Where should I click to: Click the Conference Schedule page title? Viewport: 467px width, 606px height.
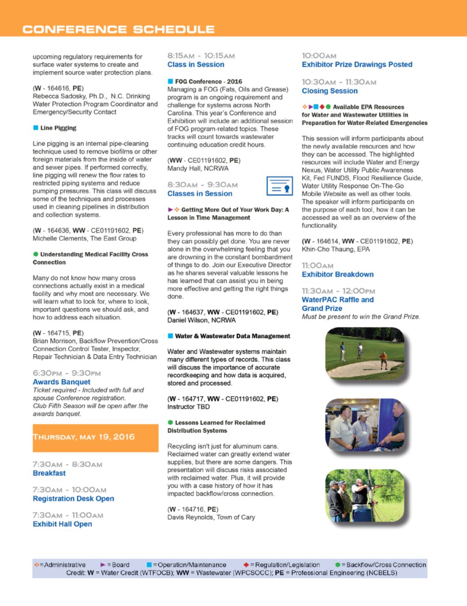[x=119, y=30]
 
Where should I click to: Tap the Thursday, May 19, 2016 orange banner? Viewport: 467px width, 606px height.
[x=95, y=438]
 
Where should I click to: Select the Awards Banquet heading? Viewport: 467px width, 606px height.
[x=62, y=382]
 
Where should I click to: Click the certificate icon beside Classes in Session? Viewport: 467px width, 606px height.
[x=279, y=186]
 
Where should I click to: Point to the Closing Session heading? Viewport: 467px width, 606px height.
[x=329, y=91]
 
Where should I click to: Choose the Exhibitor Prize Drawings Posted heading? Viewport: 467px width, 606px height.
[x=357, y=64]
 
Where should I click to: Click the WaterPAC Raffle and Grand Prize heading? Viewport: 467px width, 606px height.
[x=337, y=304]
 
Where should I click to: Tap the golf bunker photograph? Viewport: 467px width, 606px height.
[x=365, y=354]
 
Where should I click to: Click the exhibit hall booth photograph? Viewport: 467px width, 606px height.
[x=365, y=425]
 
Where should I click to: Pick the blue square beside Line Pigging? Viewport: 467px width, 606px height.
[x=35, y=128]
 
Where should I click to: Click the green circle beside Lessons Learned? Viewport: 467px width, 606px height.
[x=170, y=423]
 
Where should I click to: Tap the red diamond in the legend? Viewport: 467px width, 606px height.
[x=246, y=565]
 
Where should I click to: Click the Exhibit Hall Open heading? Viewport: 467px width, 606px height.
[x=62, y=524]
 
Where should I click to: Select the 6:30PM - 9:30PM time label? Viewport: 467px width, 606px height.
[x=67, y=373]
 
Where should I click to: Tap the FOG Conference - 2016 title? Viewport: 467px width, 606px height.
[x=208, y=81]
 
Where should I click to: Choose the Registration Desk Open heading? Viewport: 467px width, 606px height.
[x=73, y=498]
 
